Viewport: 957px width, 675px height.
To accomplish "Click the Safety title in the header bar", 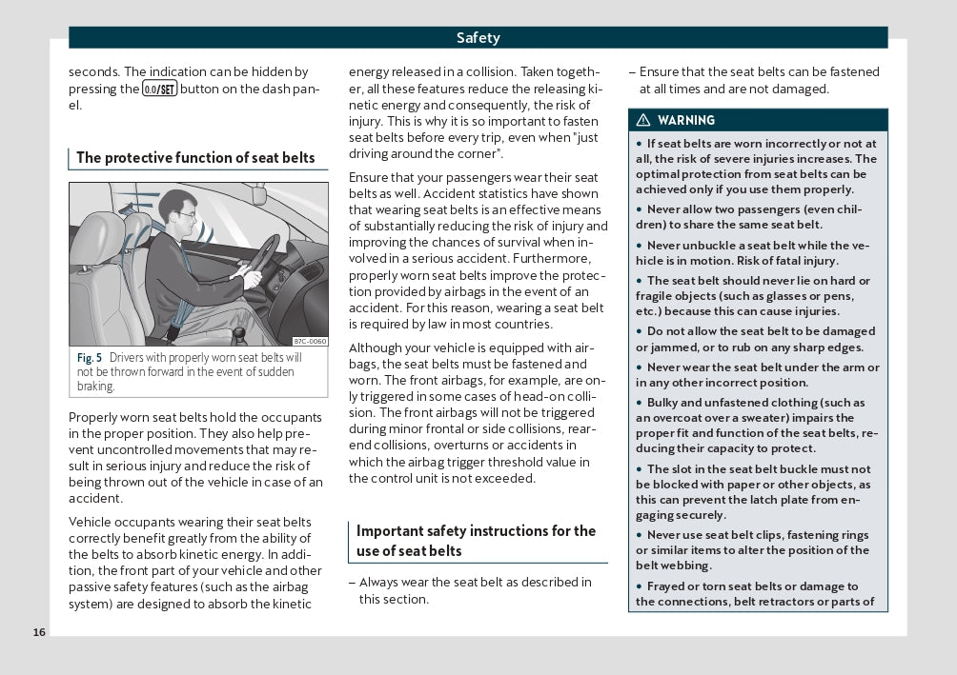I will click(x=478, y=38).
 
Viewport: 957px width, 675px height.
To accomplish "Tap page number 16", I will click(x=38, y=632).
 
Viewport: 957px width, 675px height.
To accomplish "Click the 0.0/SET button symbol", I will click(x=159, y=89).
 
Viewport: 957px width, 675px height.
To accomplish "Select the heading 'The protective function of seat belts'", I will click(x=195, y=158).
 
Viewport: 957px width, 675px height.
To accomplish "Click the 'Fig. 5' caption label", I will click(x=90, y=358).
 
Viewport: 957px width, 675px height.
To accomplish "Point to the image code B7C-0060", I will click(x=310, y=341).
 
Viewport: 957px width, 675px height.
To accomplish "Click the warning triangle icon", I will click(x=643, y=121).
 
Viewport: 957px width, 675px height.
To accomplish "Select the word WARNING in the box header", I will click(x=686, y=121).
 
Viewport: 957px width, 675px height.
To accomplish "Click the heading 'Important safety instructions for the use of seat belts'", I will click(x=476, y=541).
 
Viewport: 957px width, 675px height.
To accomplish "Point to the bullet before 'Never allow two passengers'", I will click(x=640, y=209).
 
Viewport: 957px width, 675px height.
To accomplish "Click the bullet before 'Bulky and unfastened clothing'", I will click(x=640, y=403).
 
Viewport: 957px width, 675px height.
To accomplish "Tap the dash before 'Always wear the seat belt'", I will click(x=352, y=583).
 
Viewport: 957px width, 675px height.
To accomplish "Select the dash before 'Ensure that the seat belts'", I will click(x=632, y=72).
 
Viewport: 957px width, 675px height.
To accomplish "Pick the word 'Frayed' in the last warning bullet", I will click(x=669, y=586).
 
